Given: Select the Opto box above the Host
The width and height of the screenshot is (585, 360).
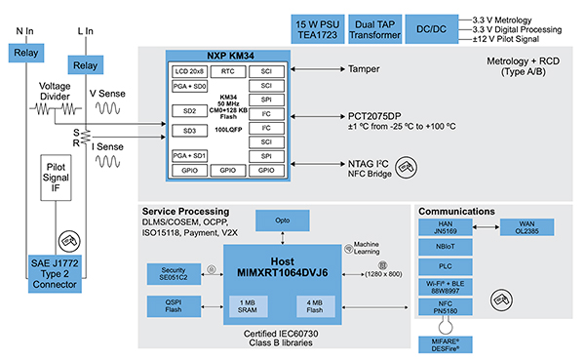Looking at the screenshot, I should pos(281,221).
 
